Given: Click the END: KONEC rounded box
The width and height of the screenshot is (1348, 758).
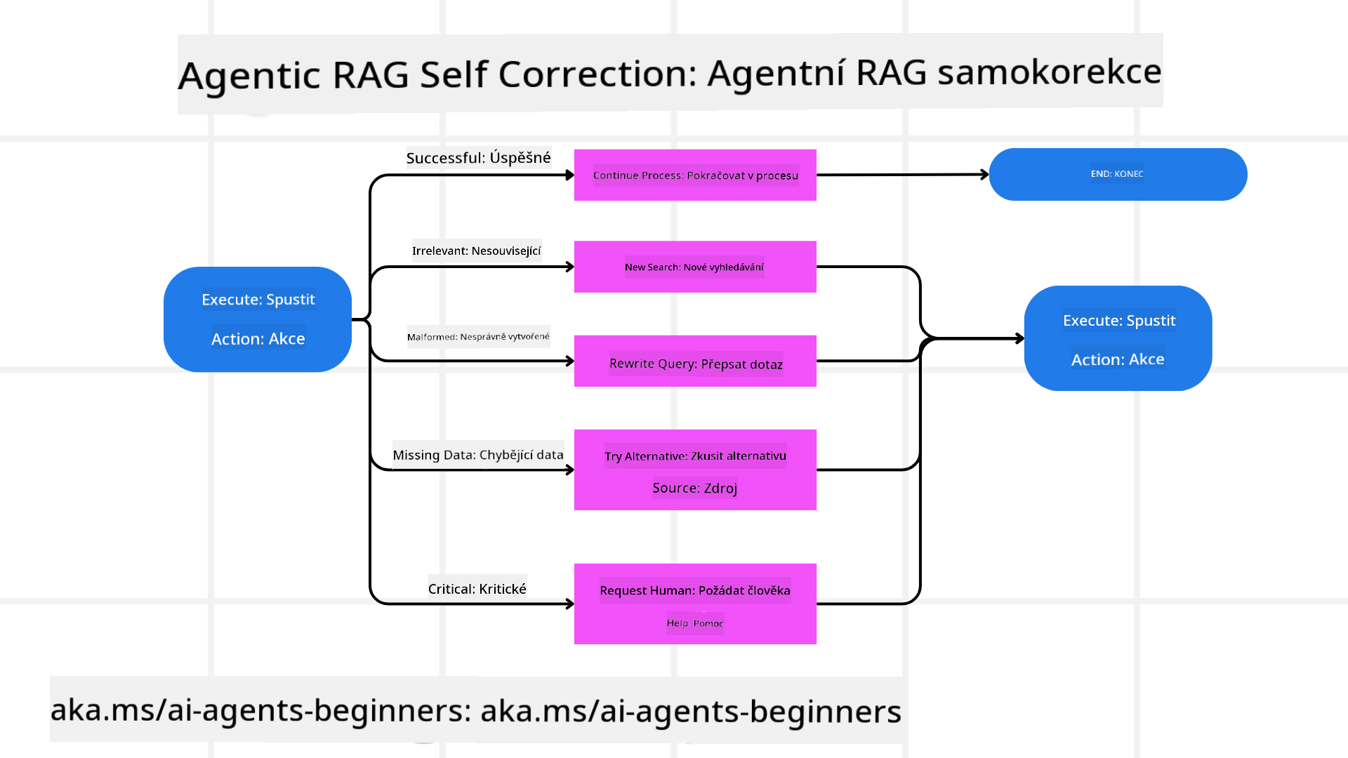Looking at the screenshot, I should pyautogui.click(x=1118, y=174).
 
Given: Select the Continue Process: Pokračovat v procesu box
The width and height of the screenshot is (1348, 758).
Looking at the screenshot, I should pyautogui.click(x=695, y=175).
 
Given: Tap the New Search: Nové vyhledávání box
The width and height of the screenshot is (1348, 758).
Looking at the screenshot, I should pyautogui.click(x=695, y=267).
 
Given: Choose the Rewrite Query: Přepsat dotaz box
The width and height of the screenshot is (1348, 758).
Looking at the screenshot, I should pyautogui.click(x=695, y=361).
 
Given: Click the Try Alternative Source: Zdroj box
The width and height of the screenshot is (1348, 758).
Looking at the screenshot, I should pyautogui.click(x=695, y=470).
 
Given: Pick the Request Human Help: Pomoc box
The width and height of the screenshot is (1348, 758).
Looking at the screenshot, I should pyautogui.click(x=695, y=604).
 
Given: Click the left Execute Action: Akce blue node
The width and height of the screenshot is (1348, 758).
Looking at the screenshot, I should pyautogui.click(x=258, y=319).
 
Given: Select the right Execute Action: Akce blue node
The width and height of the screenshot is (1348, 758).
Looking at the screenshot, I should pyautogui.click(x=1118, y=338).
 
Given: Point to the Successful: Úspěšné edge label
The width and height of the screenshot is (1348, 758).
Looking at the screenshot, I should pyautogui.click(x=478, y=157).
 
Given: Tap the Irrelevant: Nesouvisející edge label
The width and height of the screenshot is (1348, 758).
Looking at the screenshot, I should pyautogui.click(x=476, y=251).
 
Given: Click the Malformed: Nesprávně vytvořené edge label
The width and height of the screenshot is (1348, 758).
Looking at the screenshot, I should pyautogui.click(x=478, y=336).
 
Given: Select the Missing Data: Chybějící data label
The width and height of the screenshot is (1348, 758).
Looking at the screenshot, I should pyautogui.click(x=477, y=455).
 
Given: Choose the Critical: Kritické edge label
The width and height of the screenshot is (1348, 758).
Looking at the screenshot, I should pyautogui.click(x=477, y=589).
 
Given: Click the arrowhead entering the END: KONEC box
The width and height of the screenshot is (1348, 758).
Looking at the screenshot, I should pyautogui.click(x=985, y=174).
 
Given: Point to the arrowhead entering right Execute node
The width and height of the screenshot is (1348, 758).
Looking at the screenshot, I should pyautogui.click(x=1019, y=338).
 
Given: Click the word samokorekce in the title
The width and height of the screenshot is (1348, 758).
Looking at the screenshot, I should pyautogui.click(x=1049, y=72).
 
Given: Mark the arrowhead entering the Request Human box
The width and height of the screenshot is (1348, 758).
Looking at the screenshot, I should pyautogui.click(x=570, y=604).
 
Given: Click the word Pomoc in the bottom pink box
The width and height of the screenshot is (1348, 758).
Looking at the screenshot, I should pyautogui.click(x=708, y=623).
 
